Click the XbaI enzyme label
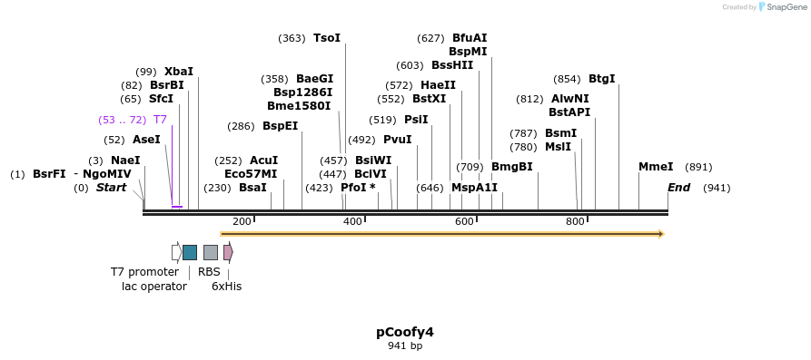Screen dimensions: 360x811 click(179, 72)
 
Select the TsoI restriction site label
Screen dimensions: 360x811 click(327, 38)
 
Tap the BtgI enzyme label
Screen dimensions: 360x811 click(602, 79)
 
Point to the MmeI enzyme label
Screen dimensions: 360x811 click(656, 167)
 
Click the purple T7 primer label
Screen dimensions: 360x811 click(160, 120)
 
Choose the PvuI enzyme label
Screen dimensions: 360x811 click(397, 140)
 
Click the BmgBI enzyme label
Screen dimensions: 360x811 click(511, 167)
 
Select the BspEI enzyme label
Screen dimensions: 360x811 click(280, 126)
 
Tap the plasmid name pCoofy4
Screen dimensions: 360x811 click(405, 332)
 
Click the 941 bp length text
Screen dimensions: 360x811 click(405, 346)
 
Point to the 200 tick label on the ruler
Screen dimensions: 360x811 click(242, 222)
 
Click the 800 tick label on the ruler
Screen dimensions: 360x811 click(575, 222)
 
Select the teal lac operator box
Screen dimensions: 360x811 click(190, 252)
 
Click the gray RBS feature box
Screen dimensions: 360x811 click(210, 252)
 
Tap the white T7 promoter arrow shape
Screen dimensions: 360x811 click(176, 252)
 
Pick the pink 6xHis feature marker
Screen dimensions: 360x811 click(228, 252)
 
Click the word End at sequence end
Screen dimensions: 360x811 click(678, 188)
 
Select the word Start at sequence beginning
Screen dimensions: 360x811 click(112, 188)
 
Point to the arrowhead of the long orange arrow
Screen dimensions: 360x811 click(661, 234)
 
